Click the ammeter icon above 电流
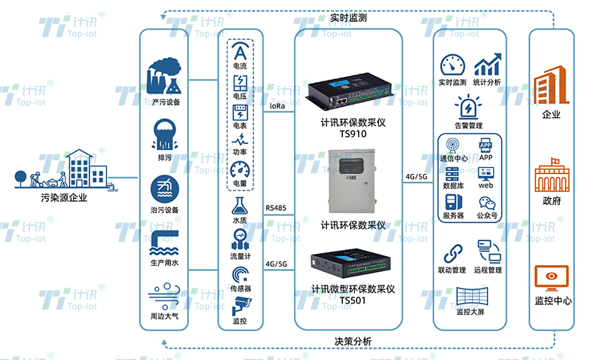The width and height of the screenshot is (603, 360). [x=240, y=52]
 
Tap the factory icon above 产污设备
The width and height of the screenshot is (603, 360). [x=165, y=75]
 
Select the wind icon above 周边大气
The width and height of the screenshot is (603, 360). [x=165, y=294]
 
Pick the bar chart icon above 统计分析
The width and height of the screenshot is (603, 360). [x=488, y=64]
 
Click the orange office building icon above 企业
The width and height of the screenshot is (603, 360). [x=552, y=87]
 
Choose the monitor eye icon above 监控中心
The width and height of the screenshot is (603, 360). [x=552, y=276]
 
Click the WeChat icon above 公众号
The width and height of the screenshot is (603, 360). [x=486, y=203]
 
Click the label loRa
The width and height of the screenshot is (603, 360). [x=277, y=107]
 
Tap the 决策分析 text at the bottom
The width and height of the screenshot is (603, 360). [x=354, y=341]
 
